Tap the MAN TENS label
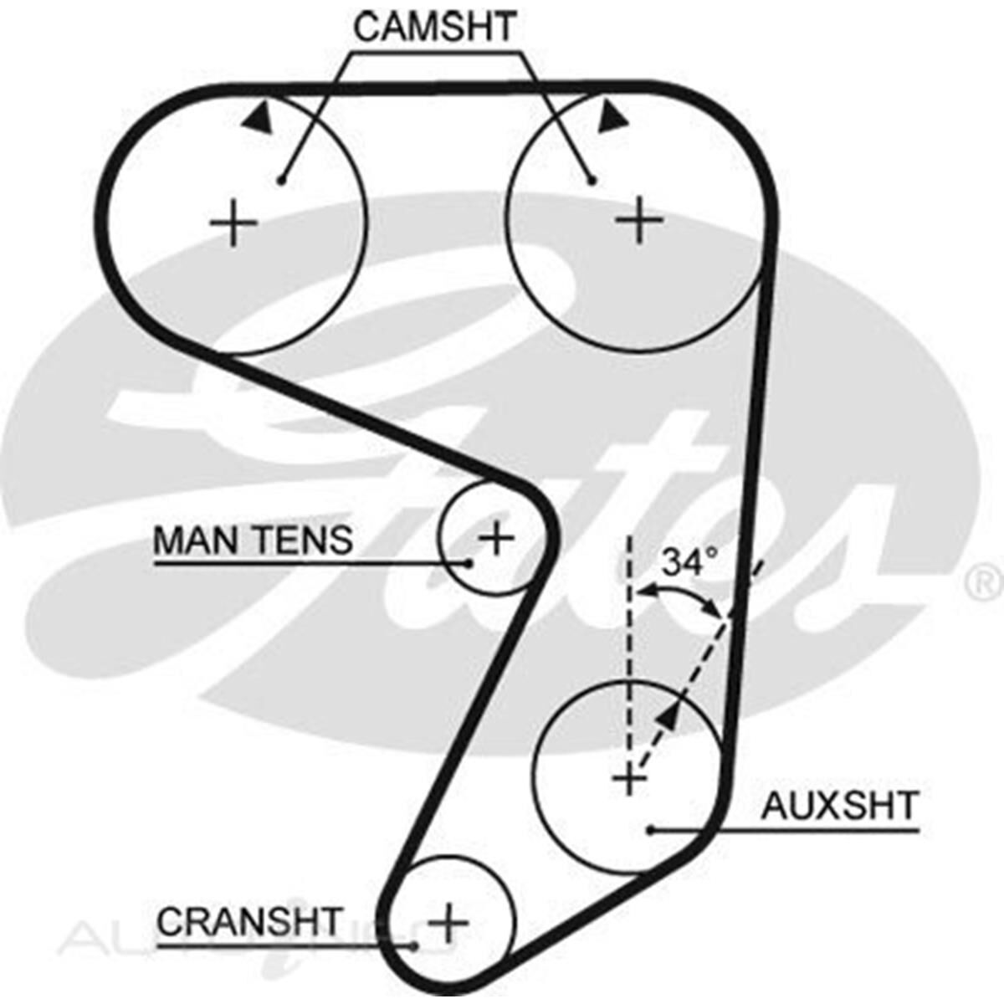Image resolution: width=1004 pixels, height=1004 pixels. (x=253, y=540)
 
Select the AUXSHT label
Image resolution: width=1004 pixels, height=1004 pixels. (x=839, y=806)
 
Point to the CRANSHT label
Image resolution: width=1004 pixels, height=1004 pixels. (x=250, y=922)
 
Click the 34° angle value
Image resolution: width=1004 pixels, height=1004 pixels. (x=689, y=561)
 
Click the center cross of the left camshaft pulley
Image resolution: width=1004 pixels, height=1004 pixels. (x=233, y=224)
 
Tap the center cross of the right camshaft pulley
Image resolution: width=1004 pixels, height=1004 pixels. (x=640, y=220)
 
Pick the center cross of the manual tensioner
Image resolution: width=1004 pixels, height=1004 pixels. (x=497, y=538)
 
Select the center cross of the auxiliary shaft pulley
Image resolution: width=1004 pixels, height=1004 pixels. (x=629, y=781)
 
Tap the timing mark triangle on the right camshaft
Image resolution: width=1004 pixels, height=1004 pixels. (x=613, y=116)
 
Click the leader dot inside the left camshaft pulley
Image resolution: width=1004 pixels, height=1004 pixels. (x=282, y=180)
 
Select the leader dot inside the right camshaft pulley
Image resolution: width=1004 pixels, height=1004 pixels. (x=591, y=179)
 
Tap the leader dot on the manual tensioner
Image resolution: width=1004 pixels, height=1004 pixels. (x=469, y=563)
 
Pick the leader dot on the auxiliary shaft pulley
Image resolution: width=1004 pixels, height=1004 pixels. (x=650, y=830)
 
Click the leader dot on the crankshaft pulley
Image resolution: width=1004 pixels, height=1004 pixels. (x=416, y=946)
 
